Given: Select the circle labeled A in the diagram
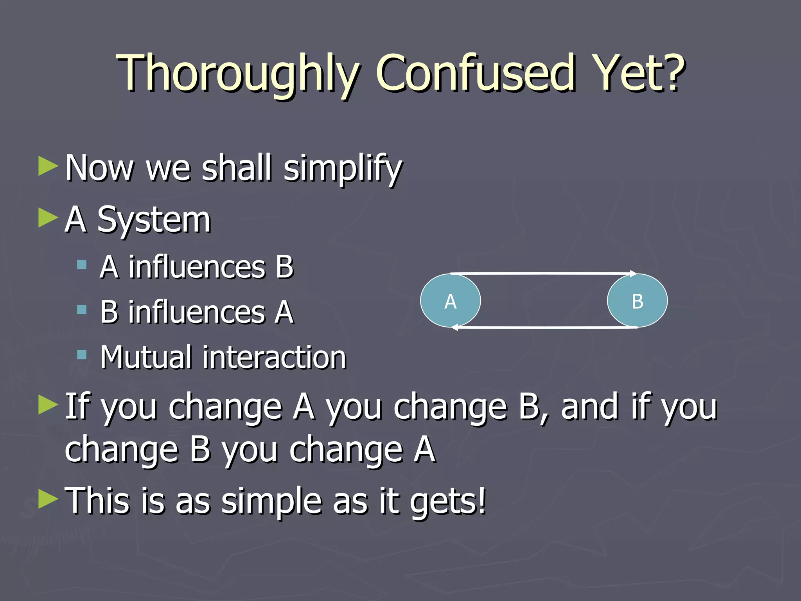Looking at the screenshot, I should click(x=450, y=300).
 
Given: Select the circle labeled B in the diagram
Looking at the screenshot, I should click(x=637, y=300).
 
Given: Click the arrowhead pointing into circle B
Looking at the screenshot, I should click(x=632, y=274).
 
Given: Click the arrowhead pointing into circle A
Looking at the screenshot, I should click(x=455, y=327).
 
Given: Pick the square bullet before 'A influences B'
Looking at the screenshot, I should click(x=82, y=265).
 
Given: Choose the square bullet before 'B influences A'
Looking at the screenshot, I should click(x=82, y=310).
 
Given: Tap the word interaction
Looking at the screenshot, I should click(x=274, y=357).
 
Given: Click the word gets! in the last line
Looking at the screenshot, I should click(x=447, y=502).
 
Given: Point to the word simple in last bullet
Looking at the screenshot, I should click(x=271, y=502).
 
